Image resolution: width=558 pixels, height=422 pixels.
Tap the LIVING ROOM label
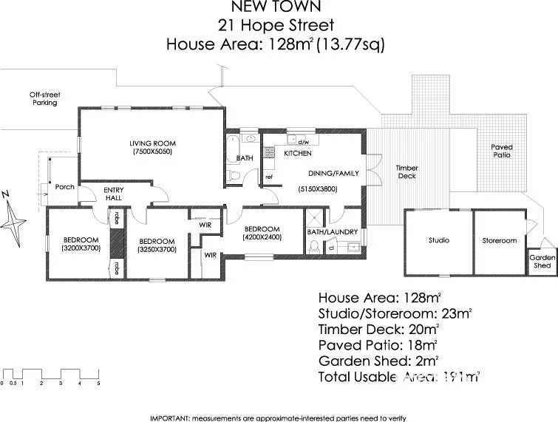tap(153, 143)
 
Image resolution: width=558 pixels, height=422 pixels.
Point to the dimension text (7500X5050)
tap(153, 152)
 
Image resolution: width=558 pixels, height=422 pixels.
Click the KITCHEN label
tap(287, 154)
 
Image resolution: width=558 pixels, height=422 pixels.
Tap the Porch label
tap(65, 187)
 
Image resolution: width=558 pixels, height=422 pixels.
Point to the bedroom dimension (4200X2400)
tap(262, 238)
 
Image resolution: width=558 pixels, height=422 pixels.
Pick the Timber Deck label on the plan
tap(406, 171)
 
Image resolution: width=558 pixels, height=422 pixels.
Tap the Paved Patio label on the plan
tap(502, 152)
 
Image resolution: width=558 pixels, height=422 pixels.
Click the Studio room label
tap(438, 240)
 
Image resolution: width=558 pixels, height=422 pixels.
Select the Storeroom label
tap(500, 240)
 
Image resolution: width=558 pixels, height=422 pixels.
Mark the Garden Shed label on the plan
tap(542, 262)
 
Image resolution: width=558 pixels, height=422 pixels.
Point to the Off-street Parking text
tap(44, 98)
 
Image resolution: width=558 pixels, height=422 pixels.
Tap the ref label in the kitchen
tap(269, 177)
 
